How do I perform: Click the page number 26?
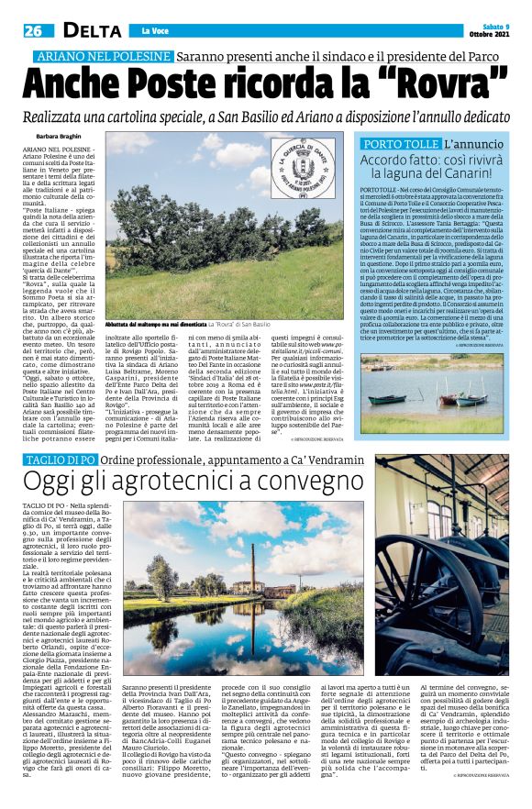click(20, 31)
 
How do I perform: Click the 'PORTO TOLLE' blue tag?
click(398, 146)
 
